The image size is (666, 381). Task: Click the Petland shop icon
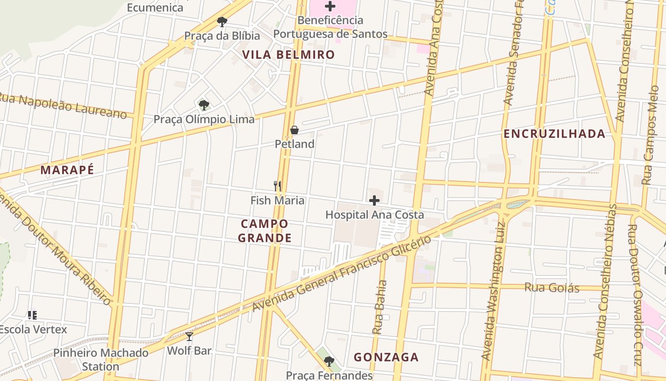(294, 130)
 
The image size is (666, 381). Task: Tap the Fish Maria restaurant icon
(277, 186)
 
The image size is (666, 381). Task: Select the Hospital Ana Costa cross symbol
(374, 201)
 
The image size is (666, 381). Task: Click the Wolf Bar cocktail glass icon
(189, 337)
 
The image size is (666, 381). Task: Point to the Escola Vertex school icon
(32, 315)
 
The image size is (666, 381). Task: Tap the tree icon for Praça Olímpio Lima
(204, 105)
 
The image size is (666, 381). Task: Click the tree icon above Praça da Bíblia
(222, 21)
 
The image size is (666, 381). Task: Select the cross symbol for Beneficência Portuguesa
(330, 6)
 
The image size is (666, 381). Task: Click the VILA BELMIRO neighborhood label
(289, 55)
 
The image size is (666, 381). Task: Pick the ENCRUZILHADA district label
(555, 134)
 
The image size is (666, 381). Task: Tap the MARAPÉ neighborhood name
(67, 170)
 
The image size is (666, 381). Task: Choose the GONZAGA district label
(386, 357)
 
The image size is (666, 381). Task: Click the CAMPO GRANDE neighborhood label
(264, 231)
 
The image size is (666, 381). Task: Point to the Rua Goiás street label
(552, 288)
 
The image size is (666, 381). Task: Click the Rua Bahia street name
(379, 307)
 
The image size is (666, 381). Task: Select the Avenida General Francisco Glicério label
(342, 274)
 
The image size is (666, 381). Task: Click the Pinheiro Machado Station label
(100, 360)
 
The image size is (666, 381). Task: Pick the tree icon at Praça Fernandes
(329, 361)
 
